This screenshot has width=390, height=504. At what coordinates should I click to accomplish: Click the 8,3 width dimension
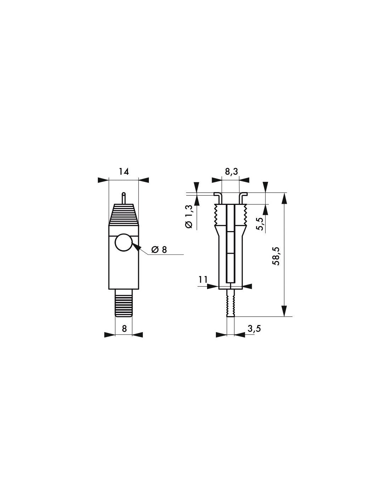[231, 172]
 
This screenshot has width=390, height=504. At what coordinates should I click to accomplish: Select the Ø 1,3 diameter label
[189, 217]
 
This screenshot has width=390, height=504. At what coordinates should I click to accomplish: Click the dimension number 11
[203, 280]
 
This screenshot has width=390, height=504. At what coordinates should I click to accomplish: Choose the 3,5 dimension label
[254, 329]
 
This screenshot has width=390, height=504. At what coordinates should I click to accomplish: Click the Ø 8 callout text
[158, 250]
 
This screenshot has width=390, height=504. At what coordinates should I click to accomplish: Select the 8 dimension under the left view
[124, 329]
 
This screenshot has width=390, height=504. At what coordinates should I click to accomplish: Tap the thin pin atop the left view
[123, 198]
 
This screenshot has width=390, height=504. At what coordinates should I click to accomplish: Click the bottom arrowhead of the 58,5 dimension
[284, 311]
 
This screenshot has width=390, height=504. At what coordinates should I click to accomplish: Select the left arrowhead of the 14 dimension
[103, 180]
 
